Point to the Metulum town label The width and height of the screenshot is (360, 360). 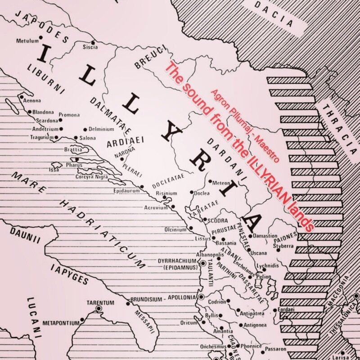click(27, 40)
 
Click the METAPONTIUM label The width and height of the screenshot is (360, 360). click(60, 323)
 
